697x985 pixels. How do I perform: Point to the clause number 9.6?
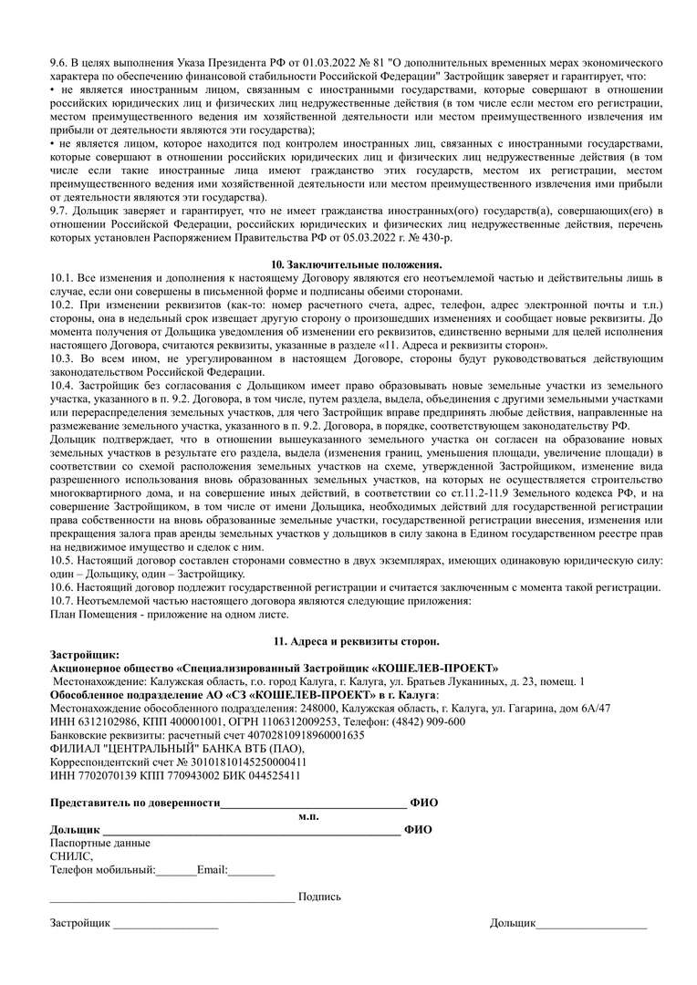59,61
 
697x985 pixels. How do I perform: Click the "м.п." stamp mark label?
309,815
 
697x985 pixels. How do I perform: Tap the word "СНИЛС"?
70,856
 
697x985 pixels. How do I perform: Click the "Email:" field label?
212,870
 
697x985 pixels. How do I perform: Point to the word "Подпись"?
319,897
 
